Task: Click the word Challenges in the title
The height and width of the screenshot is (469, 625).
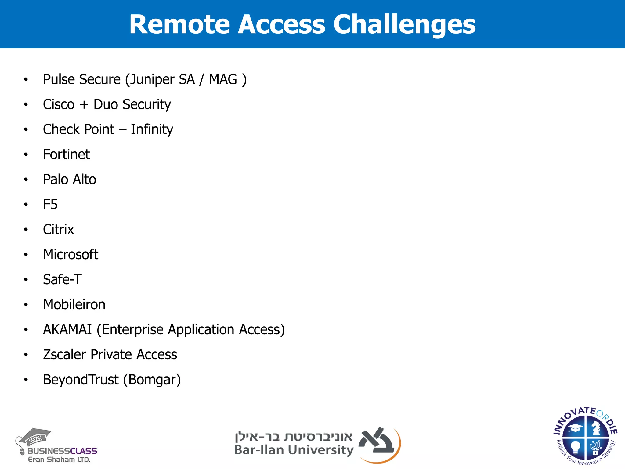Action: (x=404, y=24)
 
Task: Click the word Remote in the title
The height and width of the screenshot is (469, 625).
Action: (x=179, y=24)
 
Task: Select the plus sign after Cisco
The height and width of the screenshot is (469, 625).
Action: (x=84, y=105)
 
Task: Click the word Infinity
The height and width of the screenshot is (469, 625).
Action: (x=152, y=130)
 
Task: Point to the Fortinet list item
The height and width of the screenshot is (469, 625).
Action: (x=66, y=155)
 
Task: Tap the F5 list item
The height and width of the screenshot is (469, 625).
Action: (x=50, y=205)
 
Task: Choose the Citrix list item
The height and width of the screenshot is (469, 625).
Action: (x=58, y=230)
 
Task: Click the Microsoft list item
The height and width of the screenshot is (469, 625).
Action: (x=70, y=255)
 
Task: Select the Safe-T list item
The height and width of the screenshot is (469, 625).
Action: (x=62, y=280)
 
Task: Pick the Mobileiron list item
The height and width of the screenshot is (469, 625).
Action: (x=74, y=305)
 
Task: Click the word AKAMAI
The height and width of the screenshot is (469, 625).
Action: (x=67, y=330)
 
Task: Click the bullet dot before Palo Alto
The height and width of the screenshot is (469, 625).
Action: (x=26, y=180)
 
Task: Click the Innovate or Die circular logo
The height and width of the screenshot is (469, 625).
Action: (x=585, y=436)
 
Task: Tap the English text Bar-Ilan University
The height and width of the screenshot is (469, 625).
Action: (x=294, y=450)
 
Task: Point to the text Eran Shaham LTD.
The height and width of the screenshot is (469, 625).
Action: (x=59, y=460)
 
